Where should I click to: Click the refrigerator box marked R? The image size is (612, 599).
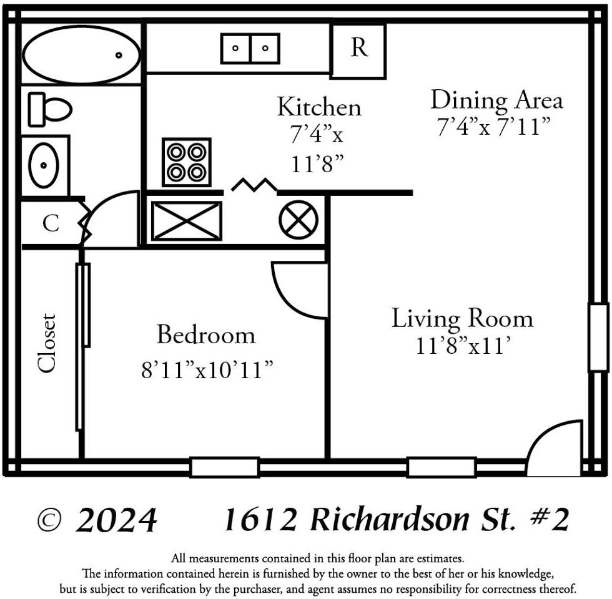click(x=358, y=51)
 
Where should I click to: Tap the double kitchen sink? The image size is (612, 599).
click(x=250, y=49)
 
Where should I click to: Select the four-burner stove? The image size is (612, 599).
click(x=187, y=162)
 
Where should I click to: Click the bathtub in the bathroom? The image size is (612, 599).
click(x=81, y=55)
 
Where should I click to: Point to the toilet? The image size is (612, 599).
click(x=49, y=109)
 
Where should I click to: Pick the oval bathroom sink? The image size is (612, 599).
click(x=44, y=165)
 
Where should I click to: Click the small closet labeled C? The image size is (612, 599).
click(x=51, y=223)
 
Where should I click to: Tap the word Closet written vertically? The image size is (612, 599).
click(x=47, y=343)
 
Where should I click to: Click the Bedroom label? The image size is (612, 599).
click(x=205, y=335)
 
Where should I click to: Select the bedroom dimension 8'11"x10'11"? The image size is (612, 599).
click(x=207, y=369)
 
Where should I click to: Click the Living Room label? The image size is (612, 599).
click(x=462, y=318)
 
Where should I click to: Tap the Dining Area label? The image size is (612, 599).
click(x=496, y=100)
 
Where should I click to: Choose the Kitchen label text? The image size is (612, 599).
click(x=318, y=107)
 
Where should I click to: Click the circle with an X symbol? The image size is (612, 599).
click(x=299, y=220)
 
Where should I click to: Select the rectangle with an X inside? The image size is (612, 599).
click(x=187, y=221)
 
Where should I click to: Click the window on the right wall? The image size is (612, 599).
click(x=598, y=337)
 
